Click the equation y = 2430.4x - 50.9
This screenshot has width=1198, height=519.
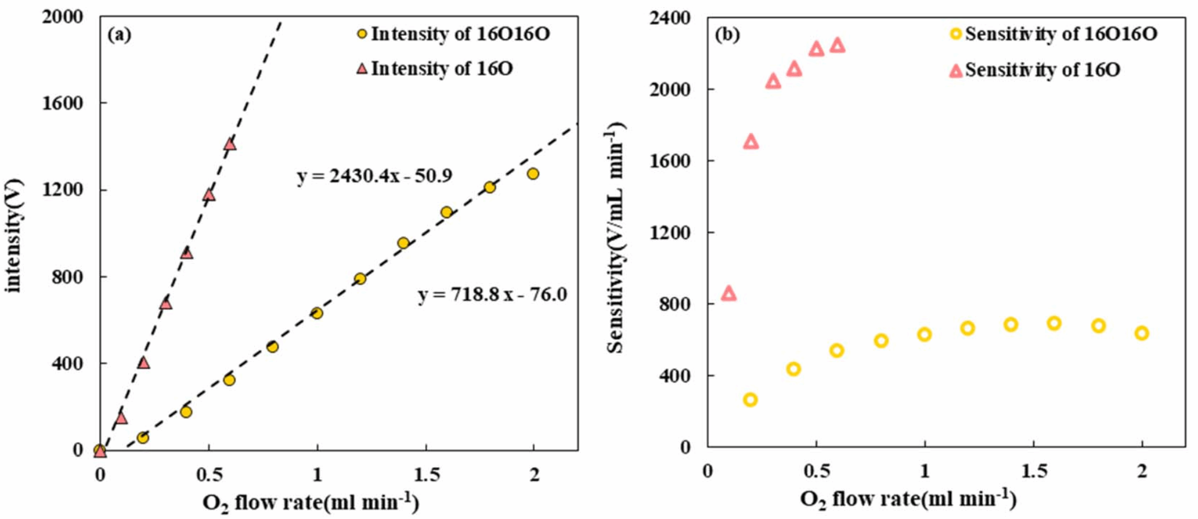pyautogui.click(x=374, y=176)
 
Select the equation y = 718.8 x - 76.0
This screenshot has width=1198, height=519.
pyautogui.click(x=492, y=294)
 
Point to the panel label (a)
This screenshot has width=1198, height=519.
pyautogui.click(x=119, y=35)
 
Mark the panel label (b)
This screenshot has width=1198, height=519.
pyautogui.click(x=727, y=35)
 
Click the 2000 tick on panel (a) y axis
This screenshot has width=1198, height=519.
pyautogui.click(x=62, y=17)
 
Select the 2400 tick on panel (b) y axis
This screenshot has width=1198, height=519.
pyautogui.click(x=669, y=18)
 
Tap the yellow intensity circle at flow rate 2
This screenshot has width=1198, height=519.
pyautogui.click(x=533, y=174)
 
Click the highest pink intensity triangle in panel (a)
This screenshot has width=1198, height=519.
pyautogui.click(x=230, y=144)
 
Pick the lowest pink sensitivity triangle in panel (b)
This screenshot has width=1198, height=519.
pyautogui.click(x=728, y=293)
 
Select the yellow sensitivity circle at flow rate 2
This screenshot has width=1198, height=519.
pyautogui.click(x=1142, y=333)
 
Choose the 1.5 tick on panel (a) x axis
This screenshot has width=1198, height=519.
pyautogui.click(x=426, y=475)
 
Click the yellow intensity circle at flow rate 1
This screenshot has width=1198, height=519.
pyautogui.click(x=317, y=313)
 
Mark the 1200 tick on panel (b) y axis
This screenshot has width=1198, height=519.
pyautogui.click(x=669, y=232)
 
